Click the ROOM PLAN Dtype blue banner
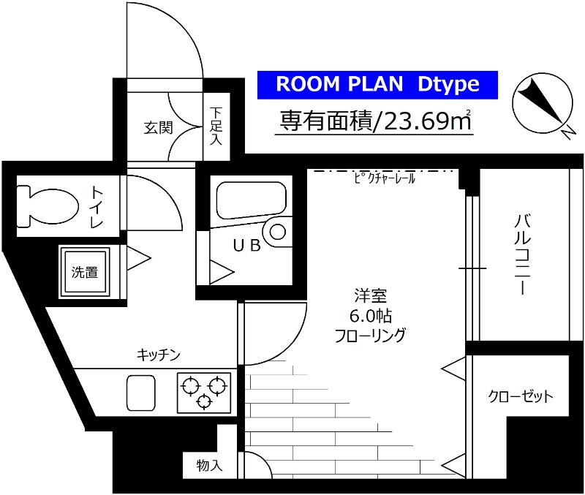377,85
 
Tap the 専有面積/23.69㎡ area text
374,119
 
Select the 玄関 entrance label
157,128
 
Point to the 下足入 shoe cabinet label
216,125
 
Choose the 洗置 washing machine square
85,272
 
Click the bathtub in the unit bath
249,200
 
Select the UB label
246,246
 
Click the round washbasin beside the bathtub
278,232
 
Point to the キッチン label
158,355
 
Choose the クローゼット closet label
521,397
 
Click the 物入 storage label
209,466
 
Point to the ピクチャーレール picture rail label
384,178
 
